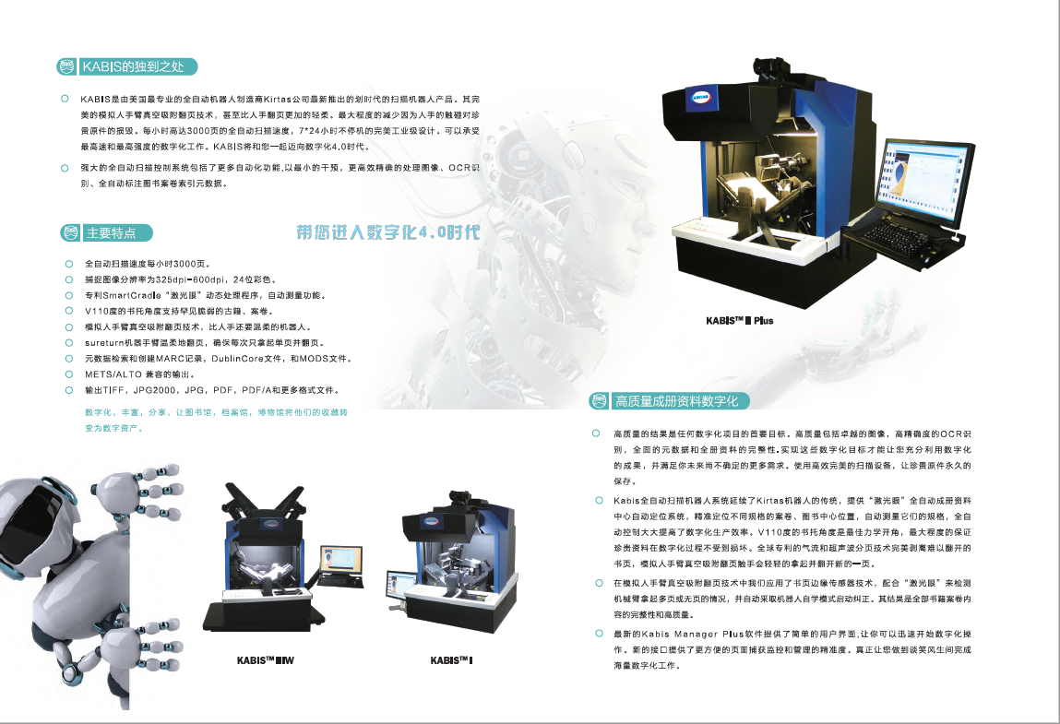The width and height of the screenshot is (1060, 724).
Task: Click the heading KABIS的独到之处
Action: pyautogui.click(x=133, y=66)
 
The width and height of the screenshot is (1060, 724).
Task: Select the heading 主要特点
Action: pyautogui.click(x=111, y=233)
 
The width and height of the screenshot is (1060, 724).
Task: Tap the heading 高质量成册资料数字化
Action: pyautogui.click(x=676, y=401)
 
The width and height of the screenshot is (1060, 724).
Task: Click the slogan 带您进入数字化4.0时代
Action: pyautogui.click(x=388, y=232)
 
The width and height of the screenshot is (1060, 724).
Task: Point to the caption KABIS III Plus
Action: pyautogui.click(x=740, y=320)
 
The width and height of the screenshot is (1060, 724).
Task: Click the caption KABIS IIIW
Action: pyautogui.click(x=266, y=660)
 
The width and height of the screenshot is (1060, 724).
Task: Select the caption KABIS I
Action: pyautogui.click(x=451, y=660)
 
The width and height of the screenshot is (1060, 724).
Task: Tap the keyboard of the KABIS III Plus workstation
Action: pyautogui.click(x=899, y=238)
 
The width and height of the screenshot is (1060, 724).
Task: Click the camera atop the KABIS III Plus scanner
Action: pyautogui.click(x=771, y=68)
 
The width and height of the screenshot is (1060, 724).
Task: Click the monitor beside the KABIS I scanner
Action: pyautogui.click(x=401, y=586)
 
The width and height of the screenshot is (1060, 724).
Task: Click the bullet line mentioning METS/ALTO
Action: pyautogui.click(x=139, y=374)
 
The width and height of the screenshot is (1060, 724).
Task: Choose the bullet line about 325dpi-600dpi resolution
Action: pyautogui.click(x=180, y=279)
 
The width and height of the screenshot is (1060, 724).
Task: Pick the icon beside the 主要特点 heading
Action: pyautogui.click(x=70, y=233)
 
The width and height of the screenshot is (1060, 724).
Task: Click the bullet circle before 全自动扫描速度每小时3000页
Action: pyautogui.click(x=69, y=264)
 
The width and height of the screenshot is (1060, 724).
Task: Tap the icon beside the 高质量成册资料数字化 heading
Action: pyautogui.click(x=599, y=401)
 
